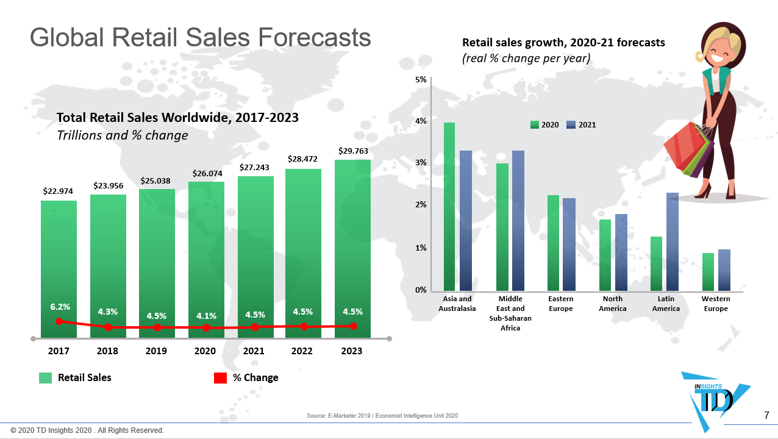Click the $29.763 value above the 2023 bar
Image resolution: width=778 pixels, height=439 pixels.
coord(354,151)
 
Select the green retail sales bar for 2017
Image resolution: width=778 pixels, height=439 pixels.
coord(59,262)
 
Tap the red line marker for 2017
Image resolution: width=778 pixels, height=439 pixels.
coord(59,321)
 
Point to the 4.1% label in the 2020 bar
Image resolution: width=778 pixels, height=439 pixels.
coord(206,316)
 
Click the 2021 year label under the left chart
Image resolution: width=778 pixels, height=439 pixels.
coord(254,351)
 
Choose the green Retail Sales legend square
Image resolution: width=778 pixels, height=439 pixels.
coord(45,378)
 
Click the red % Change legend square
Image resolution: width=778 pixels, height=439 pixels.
coord(220,378)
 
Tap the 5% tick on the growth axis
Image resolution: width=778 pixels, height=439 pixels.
coord(421,80)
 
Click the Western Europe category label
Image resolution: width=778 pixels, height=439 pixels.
coord(716,304)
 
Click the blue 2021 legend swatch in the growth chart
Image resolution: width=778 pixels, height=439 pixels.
coord(571,125)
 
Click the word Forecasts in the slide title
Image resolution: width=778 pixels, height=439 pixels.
coord(314,37)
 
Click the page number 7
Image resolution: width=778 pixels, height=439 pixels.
coord(766,416)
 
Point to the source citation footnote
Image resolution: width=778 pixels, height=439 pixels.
coord(382,416)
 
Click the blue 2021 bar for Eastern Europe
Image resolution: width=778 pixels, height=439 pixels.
coord(569,244)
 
